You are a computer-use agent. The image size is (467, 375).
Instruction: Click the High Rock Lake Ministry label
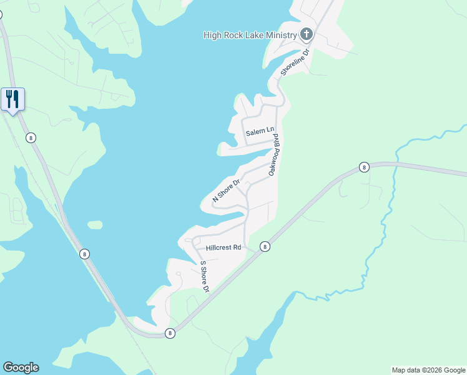(x=250, y=35)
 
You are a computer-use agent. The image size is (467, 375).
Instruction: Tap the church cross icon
(x=306, y=34)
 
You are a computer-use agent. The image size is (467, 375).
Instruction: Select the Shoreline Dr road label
(x=295, y=63)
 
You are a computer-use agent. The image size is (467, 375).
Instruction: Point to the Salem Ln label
(x=260, y=132)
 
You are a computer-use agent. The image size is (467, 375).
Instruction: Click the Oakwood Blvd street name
(x=273, y=158)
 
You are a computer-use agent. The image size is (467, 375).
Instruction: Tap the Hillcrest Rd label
(x=219, y=247)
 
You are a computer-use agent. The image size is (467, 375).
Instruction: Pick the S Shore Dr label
(x=203, y=276)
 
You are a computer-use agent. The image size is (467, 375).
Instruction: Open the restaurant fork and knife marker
(x=12, y=99)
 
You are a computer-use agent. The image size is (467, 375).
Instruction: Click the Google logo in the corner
(x=21, y=367)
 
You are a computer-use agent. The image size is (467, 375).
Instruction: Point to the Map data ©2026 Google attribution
(x=429, y=370)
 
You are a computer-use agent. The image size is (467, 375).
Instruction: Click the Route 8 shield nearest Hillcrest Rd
(x=265, y=247)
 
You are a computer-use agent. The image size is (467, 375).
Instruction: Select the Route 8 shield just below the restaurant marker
(x=31, y=137)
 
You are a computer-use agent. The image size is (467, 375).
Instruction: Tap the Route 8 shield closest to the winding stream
(x=364, y=167)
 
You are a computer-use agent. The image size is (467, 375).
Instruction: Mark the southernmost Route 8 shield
(x=170, y=334)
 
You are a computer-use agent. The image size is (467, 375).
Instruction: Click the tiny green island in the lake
(x=95, y=224)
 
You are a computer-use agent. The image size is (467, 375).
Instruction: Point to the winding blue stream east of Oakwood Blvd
(x=388, y=206)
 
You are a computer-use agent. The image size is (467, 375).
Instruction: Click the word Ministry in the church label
(x=281, y=35)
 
